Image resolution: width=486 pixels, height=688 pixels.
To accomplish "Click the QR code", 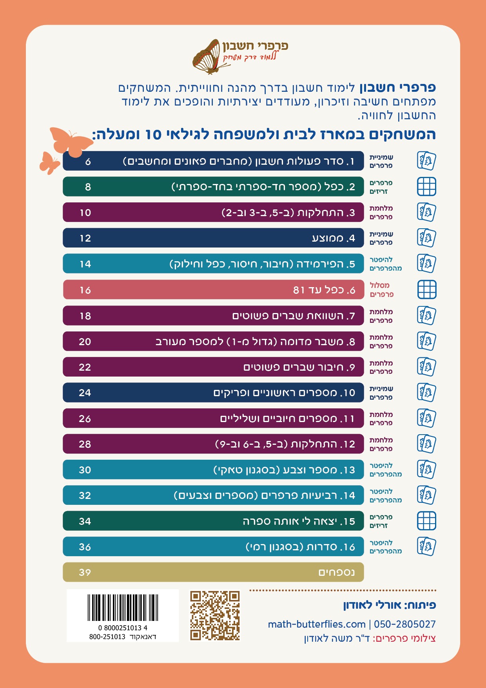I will [x=215, y=615].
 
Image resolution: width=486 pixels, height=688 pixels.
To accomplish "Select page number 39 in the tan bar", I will [x=85, y=572].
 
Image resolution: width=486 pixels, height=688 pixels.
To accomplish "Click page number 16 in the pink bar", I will [x=85, y=290].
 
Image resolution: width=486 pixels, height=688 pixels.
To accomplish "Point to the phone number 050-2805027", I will [x=404, y=624].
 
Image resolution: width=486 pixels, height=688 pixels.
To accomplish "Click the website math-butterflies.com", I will [x=317, y=624].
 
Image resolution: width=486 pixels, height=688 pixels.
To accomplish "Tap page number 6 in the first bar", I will [x=88, y=161].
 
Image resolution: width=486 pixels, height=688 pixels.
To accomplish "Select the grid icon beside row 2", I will [x=426, y=186].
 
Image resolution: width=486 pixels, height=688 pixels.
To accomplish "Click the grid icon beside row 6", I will [x=426, y=290].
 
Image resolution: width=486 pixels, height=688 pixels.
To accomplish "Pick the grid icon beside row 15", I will [x=426, y=521].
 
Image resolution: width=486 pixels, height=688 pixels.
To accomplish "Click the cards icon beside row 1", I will [x=426, y=161].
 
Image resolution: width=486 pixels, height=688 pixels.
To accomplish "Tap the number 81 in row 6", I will [x=299, y=290].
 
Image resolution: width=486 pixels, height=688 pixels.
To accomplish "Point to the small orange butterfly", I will [x=49, y=162].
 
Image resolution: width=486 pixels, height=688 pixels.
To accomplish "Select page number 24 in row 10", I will [x=85, y=393].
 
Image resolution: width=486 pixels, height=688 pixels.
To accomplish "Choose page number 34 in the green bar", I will [x=85, y=521].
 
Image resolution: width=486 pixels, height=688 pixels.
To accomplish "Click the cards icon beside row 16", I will [x=426, y=546].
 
